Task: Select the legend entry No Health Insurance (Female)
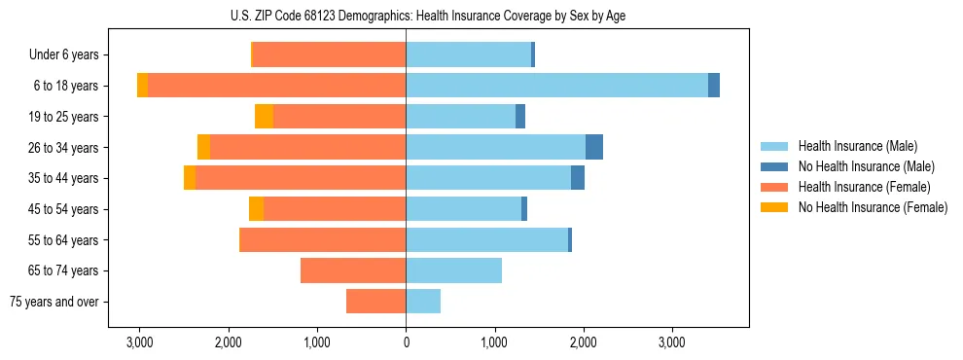[872, 207]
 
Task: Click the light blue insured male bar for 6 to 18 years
[556, 86]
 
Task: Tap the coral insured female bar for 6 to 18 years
[276, 86]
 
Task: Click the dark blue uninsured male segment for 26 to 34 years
[593, 147]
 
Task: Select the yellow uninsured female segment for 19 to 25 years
[264, 117]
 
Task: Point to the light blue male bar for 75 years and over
[423, 302]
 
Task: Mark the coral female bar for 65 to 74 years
[353, 270]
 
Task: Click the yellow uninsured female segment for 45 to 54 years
[256, 209]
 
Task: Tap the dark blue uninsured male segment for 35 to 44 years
[578, 178]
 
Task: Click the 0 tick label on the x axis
[406, 342]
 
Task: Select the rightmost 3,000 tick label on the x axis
[672, 342]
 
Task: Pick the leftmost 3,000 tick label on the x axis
[139, 342]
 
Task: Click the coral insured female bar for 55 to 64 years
[322, 239]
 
